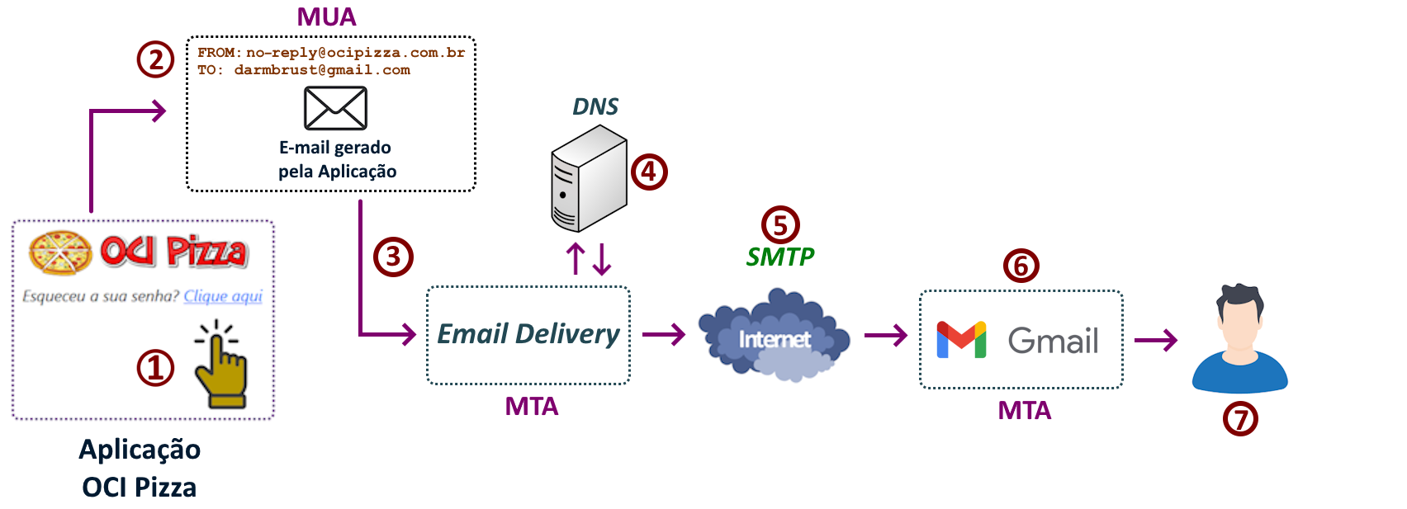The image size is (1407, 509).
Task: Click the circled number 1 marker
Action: pos(155,368)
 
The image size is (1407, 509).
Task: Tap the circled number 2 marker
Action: pos(155,60)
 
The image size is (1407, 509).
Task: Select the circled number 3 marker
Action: pos(393,257)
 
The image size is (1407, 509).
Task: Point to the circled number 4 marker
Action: pos(649,172)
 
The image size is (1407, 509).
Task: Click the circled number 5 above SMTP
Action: pos(780,224)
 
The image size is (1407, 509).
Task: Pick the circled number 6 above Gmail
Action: pos(1021,266)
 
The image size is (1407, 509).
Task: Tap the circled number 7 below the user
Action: pos(1240,419)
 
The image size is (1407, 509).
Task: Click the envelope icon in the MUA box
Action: pos(335,108)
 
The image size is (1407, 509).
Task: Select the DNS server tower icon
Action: pos(589,179)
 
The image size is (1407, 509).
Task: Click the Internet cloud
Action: pos(774,336)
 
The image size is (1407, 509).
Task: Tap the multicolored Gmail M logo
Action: pos(961,340)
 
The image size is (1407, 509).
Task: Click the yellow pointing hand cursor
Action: pos(220,366)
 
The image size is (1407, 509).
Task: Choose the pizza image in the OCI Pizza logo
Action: pos(60,252)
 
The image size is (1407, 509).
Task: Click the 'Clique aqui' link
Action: pos(223,296)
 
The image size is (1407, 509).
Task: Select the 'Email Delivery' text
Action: pos(528,334)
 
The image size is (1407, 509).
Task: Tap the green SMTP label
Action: pos(780,257)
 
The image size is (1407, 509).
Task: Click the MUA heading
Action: pos(327,17)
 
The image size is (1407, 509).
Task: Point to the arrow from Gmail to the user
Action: pos(1156,340)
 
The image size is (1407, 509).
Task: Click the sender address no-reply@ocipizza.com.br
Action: pos(355,53)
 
